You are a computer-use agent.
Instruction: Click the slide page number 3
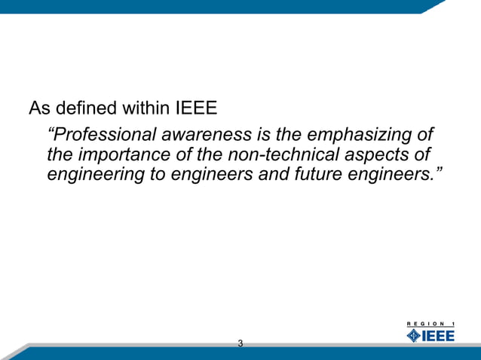point(240,344)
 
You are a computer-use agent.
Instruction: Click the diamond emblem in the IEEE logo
point(414,335)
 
